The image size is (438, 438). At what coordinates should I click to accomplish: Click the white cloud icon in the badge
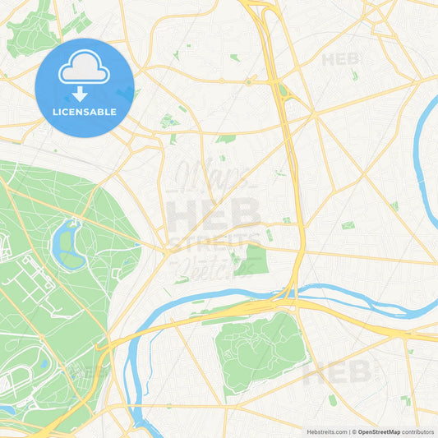coord(85,70)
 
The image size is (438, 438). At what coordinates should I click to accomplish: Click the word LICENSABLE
coord(85,113)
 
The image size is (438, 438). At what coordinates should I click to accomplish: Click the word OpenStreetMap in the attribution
coord(378,431)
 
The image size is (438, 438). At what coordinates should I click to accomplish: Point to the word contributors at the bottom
coord(417,431)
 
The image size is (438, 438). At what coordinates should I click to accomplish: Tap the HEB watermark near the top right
coord(340,59)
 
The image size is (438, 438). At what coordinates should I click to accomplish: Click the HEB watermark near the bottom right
coord(337,371)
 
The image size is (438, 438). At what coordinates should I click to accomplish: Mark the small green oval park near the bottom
coord(332,400)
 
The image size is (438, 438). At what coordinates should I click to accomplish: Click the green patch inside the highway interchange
coord(284,90)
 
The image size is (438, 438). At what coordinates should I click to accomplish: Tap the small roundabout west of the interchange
coord(247,82)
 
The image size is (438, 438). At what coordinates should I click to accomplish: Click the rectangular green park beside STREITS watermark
coord(252,260)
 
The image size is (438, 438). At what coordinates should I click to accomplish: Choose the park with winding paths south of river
coord(259,349)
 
